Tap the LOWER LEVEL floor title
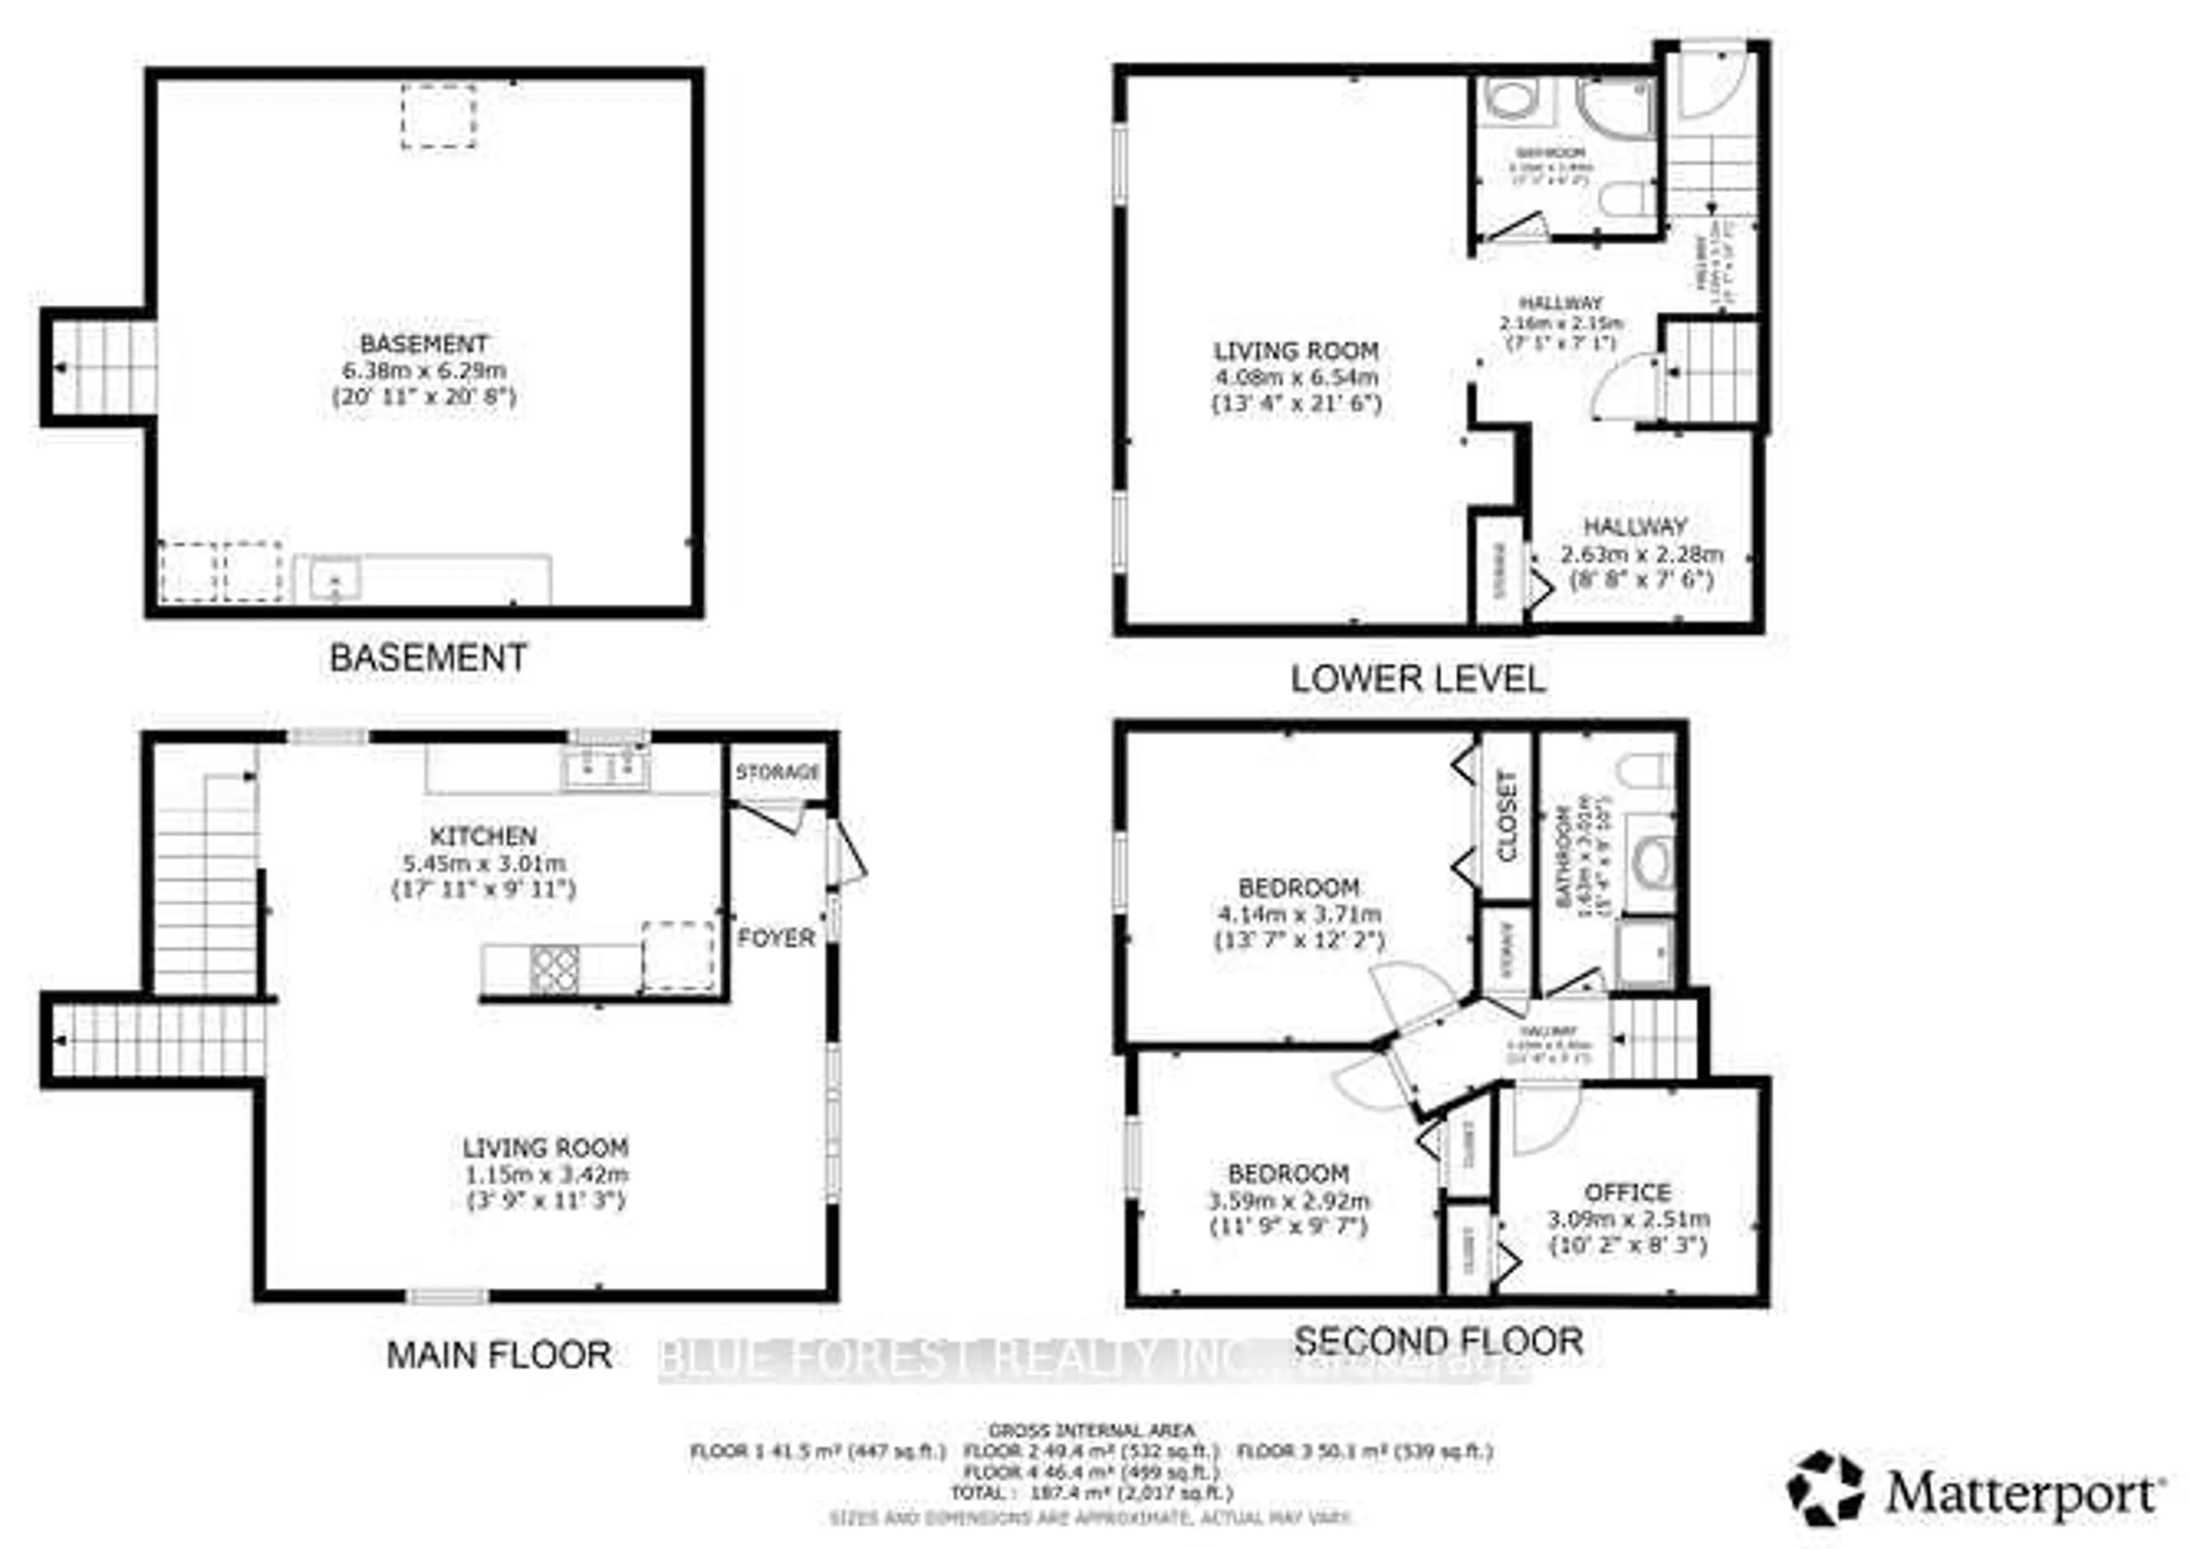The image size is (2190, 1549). [1417, 679]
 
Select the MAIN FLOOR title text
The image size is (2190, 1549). [499, 1355]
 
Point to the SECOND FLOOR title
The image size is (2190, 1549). [1438, 1341]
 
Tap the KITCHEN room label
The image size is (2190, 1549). [484, 837]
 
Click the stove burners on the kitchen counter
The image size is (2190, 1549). [555, 969]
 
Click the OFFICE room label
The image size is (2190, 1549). [1627, 1193]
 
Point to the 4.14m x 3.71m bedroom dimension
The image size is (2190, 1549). [1298, 914]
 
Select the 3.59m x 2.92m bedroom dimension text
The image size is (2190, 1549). [1289, 1200]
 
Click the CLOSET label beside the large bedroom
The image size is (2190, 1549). [1507, 817]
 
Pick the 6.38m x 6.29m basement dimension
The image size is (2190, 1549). [424, 370]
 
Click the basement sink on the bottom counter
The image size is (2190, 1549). [334, 578]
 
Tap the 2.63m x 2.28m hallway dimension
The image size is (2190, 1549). [1641, 553]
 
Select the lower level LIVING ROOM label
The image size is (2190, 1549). [1295, 350]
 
